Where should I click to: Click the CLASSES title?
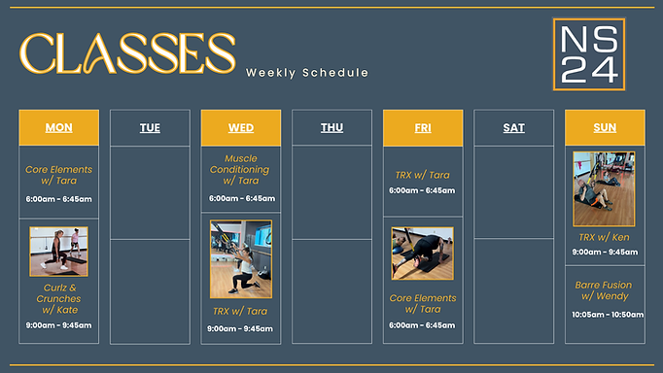[x=127, y=53]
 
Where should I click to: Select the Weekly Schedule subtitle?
[x=307, y=73]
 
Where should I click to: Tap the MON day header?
[x=58, y=127]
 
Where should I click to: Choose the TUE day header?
[x=150, y=127]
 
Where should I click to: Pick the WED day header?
[x=241, y=127]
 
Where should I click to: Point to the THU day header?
[x=331, y=127]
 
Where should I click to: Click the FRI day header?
[x=423, y=127]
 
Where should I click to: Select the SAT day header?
[x=513, y=127]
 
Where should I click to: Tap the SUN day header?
[x=605, y=127]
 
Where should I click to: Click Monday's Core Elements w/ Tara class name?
[x=58, y=174]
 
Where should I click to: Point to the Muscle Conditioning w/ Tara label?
[x=241, y=169]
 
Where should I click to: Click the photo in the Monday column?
[x=58, y=252]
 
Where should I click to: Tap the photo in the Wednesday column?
[x=241, y=258]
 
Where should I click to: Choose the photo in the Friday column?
[x=422, y=254]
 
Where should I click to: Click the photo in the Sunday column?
[x=604, y=188]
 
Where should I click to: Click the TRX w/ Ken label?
[x=604, y=237]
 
